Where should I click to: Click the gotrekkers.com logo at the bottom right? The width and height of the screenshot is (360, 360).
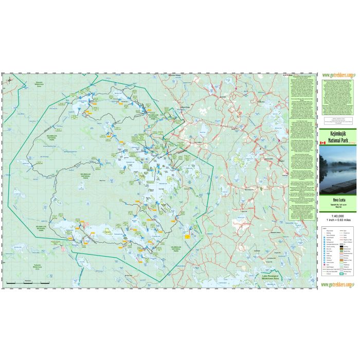tap(338, 283)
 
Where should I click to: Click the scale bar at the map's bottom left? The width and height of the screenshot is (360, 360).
tap(36, 282)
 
